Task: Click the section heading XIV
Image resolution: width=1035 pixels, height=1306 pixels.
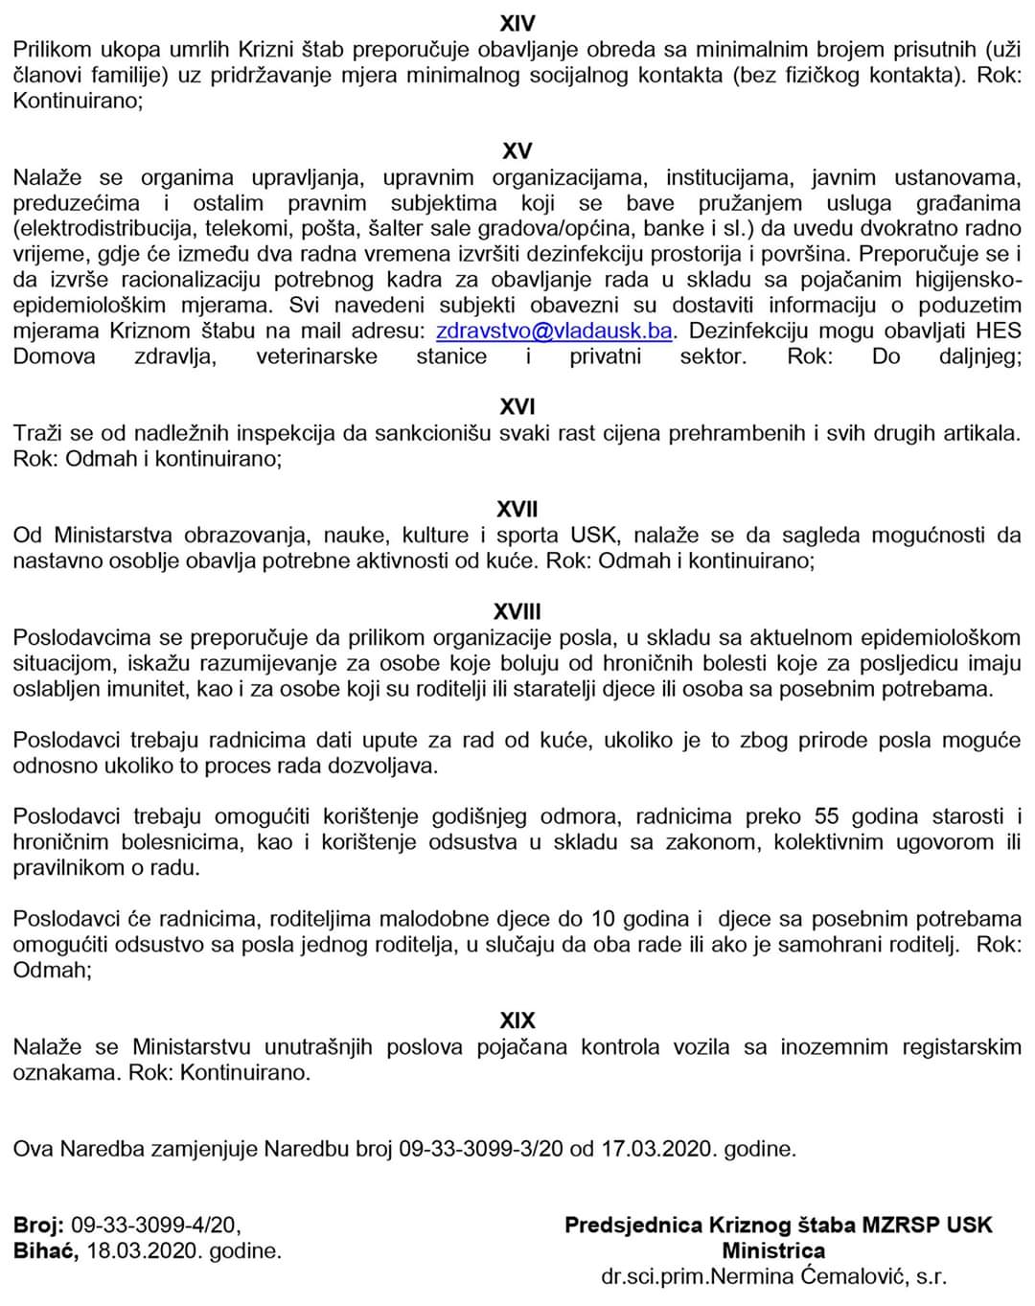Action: point(517,23)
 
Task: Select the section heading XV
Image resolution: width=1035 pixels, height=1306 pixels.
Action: point(517,151)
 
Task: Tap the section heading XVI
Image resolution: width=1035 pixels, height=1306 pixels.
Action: point(517,407)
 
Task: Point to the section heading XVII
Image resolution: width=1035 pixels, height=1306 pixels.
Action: point(517,509)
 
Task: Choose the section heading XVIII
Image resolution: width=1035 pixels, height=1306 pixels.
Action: point(517,611)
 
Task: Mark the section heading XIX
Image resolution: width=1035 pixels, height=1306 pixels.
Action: point(517,1020)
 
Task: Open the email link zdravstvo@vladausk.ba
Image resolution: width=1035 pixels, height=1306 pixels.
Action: point(554,331)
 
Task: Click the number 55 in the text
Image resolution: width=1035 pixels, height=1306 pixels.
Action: point(826,816)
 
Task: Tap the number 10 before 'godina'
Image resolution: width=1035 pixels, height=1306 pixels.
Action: point(603,919)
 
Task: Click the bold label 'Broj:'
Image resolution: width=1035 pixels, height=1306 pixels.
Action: point(38,1225)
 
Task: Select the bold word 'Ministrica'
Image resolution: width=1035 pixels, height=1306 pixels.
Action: point(773,1250)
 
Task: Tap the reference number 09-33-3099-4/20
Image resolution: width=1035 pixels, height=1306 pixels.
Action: point(155,1225)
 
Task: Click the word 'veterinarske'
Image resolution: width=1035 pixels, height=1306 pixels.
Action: point(316,356)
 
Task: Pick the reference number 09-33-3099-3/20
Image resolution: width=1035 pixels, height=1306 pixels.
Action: point(481,1149)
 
